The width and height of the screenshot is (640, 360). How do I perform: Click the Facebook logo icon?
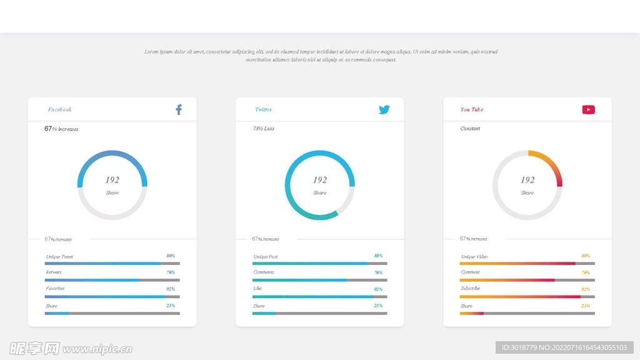[178, 109]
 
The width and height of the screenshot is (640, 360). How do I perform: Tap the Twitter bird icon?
[384, 110]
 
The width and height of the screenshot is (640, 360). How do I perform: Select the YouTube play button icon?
[588, 110]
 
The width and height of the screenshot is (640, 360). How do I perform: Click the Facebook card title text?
[60, 110]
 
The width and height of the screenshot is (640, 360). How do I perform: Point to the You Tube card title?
[472, 110]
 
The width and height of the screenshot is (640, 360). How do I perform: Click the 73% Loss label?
[263, 129]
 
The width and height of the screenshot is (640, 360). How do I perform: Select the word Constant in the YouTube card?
[470, 129]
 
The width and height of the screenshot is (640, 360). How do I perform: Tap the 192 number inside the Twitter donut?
[320, 180]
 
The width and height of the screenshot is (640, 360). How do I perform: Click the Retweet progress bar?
[112, 280]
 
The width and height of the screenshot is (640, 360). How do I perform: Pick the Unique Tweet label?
[59, 257]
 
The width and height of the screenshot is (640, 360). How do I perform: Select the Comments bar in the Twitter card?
[320, 280]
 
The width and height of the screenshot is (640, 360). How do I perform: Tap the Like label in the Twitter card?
[257, 289]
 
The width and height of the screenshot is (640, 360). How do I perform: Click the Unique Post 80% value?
[378, 256]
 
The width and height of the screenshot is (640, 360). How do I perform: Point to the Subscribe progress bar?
[527, 297]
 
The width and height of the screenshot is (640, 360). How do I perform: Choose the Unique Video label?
[474, 257]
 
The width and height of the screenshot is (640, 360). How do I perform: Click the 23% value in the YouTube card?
[586, 306]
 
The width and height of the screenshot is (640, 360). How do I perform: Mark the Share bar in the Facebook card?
[112, 313]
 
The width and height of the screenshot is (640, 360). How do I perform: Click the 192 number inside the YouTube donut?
[527, 180]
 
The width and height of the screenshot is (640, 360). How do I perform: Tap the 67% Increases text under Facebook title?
[61, 129]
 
